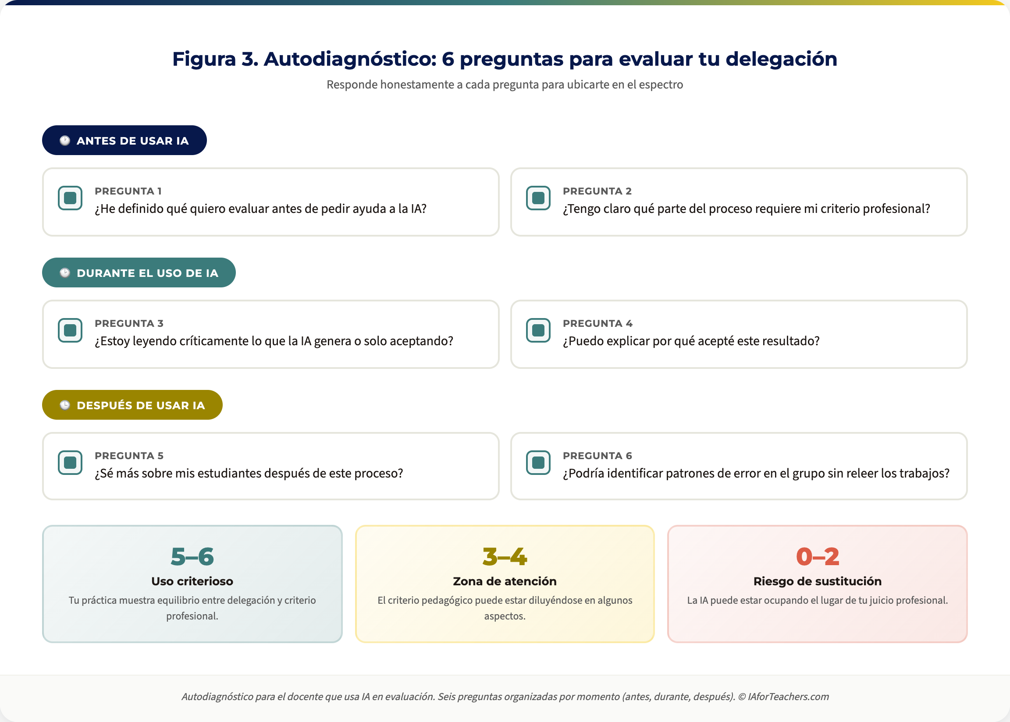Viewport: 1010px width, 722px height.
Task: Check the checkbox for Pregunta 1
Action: click(70, 198)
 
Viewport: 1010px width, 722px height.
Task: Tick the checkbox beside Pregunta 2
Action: click(538, 198)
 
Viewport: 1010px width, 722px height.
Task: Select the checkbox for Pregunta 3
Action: click(70, 330)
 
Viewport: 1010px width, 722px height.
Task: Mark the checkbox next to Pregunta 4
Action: click(538, 330)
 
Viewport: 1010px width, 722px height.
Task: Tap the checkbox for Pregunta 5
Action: click(70, 462)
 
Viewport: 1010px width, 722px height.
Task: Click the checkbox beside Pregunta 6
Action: click(538, 462)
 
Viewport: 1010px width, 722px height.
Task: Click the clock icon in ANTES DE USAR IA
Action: click(65, 141)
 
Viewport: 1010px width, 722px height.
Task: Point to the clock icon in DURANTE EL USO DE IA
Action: click(65, 273)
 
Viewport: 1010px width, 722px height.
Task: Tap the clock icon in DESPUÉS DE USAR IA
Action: click(65, 405)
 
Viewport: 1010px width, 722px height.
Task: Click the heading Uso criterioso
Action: click(192, 581)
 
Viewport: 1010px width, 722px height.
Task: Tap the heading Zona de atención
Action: click(505, 581)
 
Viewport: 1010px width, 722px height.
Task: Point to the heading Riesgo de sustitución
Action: click(818, 581)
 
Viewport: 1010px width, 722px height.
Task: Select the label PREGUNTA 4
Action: click(598, 323)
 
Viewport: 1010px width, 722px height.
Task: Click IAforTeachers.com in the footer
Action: click(789, 697)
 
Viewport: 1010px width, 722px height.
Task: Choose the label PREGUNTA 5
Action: click(129, 456)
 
